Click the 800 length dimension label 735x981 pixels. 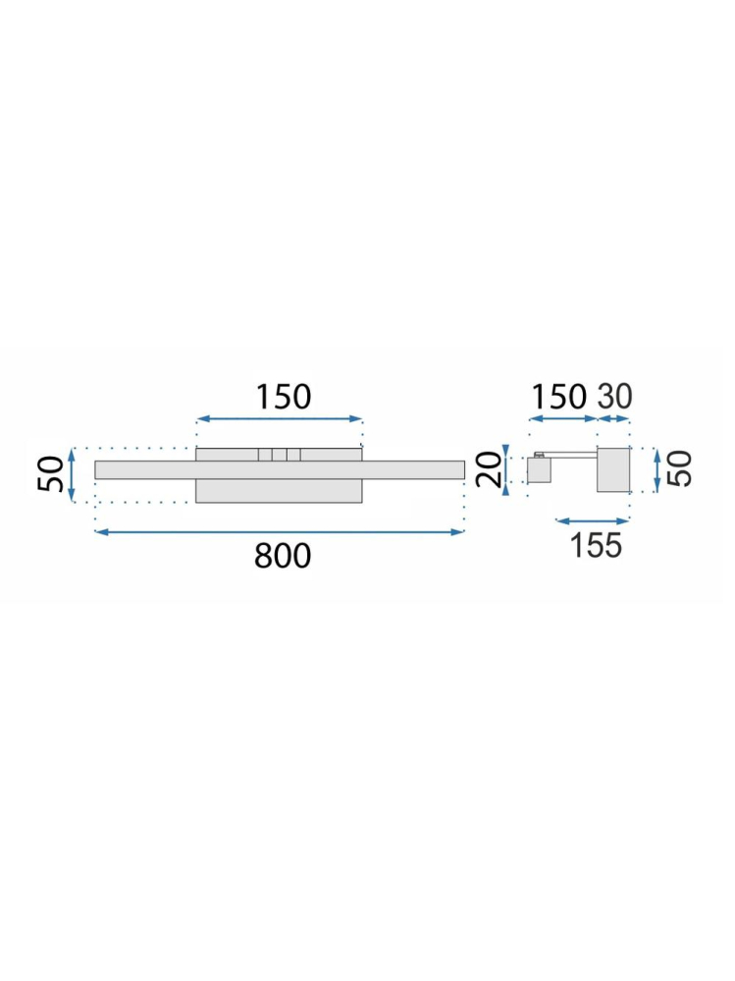[283, 556]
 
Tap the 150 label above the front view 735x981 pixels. [283, 397]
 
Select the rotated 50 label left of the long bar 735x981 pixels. [53, 474]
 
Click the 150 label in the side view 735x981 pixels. [558, 397]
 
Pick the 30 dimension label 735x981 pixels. [616, 397]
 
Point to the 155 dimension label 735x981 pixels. [596, 543]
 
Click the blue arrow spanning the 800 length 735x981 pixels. [279, 532]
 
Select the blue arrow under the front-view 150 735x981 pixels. [280, 419]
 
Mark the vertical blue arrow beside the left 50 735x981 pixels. [73, 476]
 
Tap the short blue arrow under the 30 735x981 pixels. [613, 419]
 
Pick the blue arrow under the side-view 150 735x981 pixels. [563, 419]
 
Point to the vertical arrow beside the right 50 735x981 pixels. [656, 469]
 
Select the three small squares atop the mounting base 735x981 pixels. [279, 455]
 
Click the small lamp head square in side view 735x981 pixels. [540, 471]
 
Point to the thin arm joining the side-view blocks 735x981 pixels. [573, 454]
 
